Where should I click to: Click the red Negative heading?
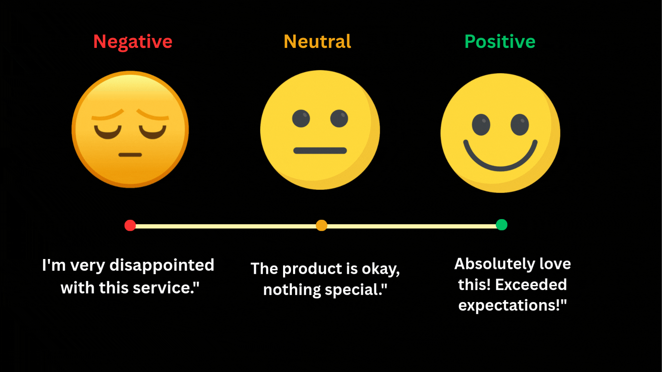tap(133, 42)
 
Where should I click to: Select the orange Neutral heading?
tap(317, 42)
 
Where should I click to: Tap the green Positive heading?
tap(500, 42)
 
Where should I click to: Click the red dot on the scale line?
tap(130, 225)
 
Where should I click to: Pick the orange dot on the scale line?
tap(321, 225)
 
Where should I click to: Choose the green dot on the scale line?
tap(501, 225)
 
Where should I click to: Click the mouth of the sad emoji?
tap(130, 155)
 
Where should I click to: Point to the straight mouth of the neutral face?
tap(320, 151)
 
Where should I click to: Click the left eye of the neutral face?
tap(301, 118)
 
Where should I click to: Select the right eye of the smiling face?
tap(520, 124)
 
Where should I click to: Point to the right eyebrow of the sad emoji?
tap(152, 115)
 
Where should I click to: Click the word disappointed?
tap(162, 266)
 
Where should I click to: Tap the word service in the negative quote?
tap(165, 288)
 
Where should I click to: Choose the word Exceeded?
tap(531, 285)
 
